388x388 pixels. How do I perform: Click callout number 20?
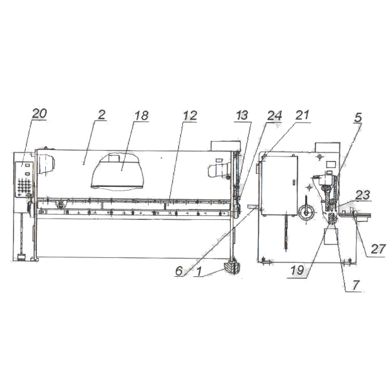coord(39,114)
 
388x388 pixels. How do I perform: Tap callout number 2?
coord(102,114)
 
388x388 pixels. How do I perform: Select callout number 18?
coord(141,116)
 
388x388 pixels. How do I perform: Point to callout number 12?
coord(189,116)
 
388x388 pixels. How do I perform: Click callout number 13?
coord(242,115)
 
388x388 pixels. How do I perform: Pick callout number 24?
coord(274,116)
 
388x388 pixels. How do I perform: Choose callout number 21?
coord(303,115)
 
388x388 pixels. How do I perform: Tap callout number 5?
coord(358,118)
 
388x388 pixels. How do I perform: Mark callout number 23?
coord(363,195)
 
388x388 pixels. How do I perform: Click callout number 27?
coord(378,249)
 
